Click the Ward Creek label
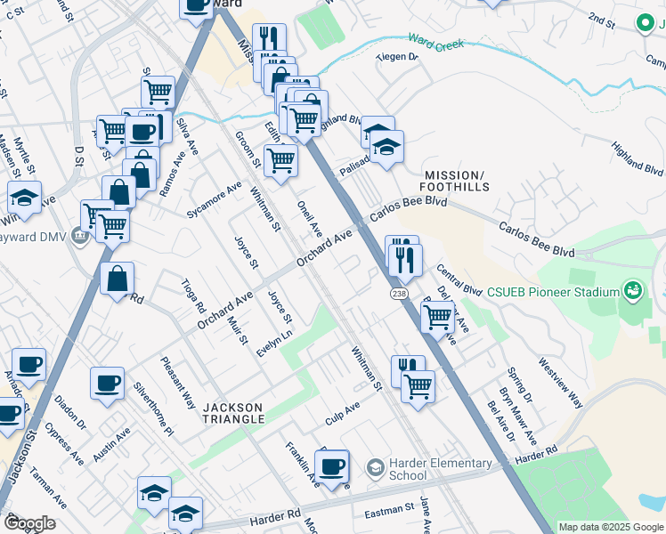[x=437, y=40]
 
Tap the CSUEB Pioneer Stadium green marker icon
[x=632, y=291]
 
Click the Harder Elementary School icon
[x=375, y=467]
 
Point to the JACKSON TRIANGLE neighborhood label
[x=233, y=412]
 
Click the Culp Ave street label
[x=342, y=411]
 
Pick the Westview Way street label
[x=560, y=383]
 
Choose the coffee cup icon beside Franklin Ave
[x=332, y=467]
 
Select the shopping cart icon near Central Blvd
[x=436, y=315]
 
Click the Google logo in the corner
[x=29, y=523]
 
